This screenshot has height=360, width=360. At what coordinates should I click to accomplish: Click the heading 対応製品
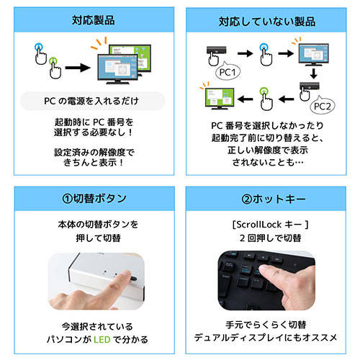(x=94, y=20)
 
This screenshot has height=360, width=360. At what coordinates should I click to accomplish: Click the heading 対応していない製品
(x=267, y=22)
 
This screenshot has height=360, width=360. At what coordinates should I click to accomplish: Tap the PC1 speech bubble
(x=228, y=71)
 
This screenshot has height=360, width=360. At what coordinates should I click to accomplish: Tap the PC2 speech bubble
(x=323, y=105)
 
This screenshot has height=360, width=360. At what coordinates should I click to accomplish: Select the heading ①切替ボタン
(x=94, y=199)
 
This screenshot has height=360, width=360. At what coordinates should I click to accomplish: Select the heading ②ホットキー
(x=274, y=199)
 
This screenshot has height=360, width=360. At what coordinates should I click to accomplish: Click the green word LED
(x=102, y=339)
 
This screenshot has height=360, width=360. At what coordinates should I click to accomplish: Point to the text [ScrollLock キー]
(x=270, y=225)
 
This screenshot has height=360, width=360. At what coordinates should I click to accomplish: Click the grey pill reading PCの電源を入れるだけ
(x=93, y=101)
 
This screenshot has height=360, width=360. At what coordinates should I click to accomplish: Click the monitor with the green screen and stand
(x=220, y=99)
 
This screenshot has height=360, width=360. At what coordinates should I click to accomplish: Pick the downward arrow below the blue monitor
(x=313, y=73)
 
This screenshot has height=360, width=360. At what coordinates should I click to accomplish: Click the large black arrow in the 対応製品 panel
(x=78, y=68)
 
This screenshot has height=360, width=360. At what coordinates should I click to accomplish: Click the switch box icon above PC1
(x=216, y=50)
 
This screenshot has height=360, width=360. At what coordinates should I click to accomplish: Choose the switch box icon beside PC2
(x=310, y=86)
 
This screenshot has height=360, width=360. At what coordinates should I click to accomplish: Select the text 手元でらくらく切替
(x=266, y=325)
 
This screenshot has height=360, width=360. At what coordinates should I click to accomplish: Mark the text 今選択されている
(x=97, y=327)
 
